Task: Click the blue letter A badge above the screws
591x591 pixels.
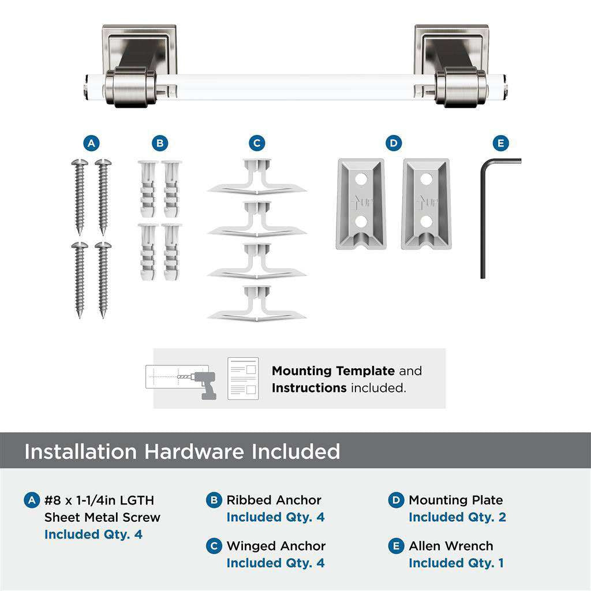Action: (91, 143)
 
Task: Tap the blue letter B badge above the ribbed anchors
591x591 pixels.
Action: (160, 143)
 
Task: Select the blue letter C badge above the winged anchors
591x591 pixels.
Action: (257, 143)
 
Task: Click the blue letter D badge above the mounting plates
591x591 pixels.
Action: (394, 143)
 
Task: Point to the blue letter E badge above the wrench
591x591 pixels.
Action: (500, 143)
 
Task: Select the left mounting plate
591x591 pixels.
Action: (360, 204)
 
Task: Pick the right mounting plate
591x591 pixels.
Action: (426, 204)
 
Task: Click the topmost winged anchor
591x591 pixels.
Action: (257, 177)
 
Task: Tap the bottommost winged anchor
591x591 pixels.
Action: (257, 302)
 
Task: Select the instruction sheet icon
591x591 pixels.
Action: (242, 379)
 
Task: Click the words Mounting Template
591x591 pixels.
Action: (333, 371)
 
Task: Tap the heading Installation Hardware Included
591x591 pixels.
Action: (182, 451)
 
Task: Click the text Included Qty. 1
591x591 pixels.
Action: (456, 563)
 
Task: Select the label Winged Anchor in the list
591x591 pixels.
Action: (276, 545)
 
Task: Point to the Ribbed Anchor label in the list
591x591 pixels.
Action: (274, 500)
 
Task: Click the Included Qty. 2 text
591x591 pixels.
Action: (457, 517)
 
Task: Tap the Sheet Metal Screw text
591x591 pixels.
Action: (102, 517)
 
